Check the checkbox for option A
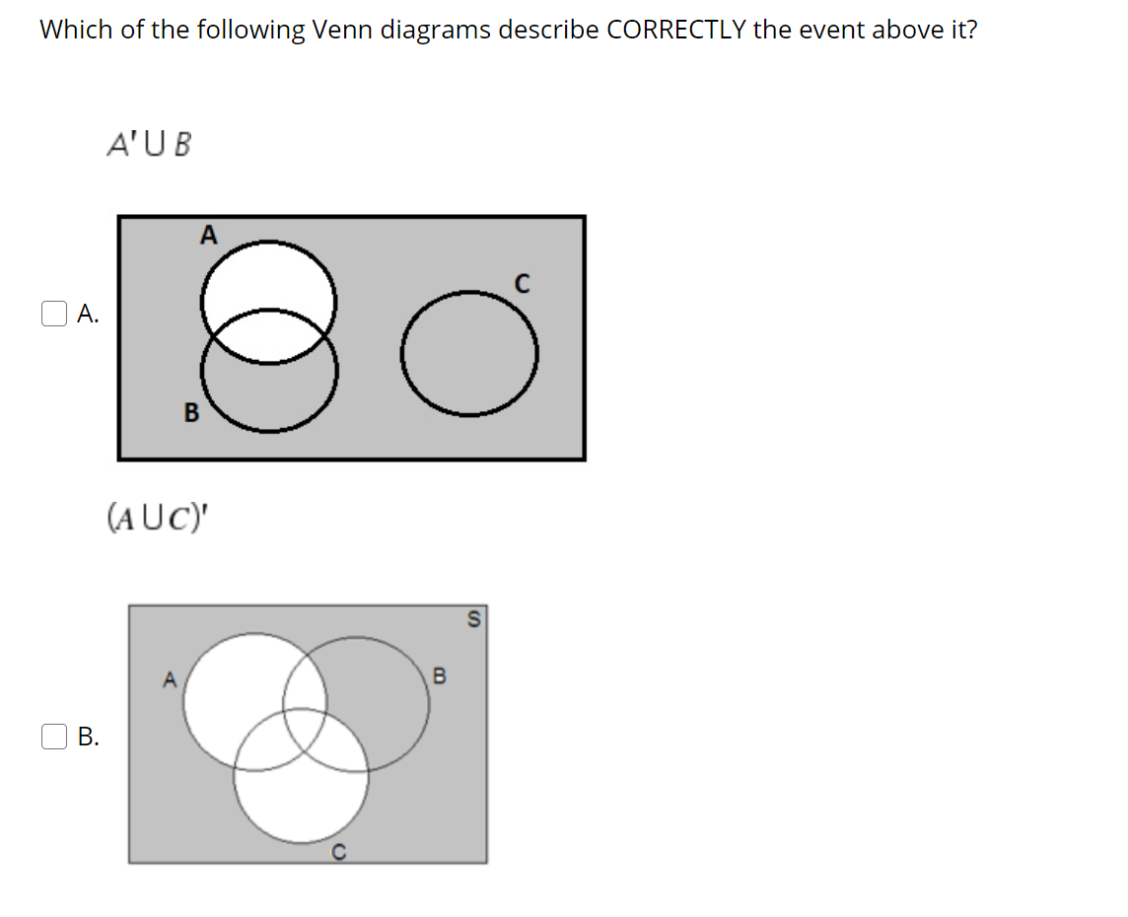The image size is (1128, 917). pos(52,314)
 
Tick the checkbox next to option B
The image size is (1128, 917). pos(52,736)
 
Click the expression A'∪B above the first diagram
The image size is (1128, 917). pos(149,146)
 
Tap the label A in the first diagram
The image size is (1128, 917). pos(207,235)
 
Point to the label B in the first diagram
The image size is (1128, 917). pos(191,413)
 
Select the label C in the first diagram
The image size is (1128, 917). pos(522,285)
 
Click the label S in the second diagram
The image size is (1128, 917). pos(472,619)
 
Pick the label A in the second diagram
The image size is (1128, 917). pos(169,678)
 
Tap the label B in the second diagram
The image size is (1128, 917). pos(440,676)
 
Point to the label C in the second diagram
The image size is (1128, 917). pos(337,854)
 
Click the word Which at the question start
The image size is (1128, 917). pos(76,30)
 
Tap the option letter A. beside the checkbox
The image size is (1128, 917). pos(87,315)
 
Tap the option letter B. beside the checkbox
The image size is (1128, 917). pos(87,737)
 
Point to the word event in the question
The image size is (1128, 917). pos(827,30)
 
